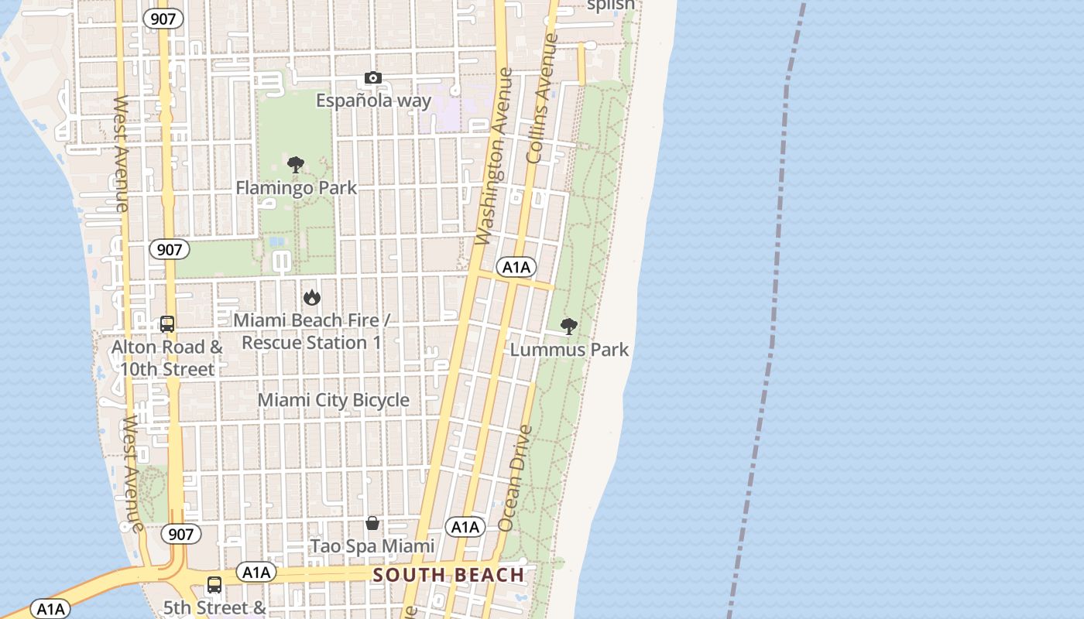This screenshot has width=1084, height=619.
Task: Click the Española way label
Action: (373, 101)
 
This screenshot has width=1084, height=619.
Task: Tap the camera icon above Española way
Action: (373, 78)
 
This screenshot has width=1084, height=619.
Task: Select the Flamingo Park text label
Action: (296, 187)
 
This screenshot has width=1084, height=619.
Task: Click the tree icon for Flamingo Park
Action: (295, 164)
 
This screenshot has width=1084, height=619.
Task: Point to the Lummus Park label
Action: (569, 350)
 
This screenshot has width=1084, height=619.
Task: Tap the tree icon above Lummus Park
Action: (568, 327)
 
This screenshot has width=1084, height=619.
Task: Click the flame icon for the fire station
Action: (311, 297)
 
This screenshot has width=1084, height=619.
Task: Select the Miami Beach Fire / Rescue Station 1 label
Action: (311, 331)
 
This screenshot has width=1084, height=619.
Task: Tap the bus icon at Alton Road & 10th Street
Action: (167, 324)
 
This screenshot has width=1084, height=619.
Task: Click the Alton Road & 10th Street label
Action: (167, 357)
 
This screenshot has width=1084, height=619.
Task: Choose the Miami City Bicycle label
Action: (333, 400)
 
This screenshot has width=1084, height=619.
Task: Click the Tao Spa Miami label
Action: (372, 546)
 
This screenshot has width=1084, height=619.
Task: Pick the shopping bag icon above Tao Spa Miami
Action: (372, 524)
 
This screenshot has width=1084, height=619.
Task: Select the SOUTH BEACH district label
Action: (449, 575)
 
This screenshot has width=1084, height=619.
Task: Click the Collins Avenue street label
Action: (541, 98)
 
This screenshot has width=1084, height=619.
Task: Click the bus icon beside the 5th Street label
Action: (214, 586)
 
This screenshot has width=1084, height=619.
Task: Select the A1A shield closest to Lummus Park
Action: (516, 268)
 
